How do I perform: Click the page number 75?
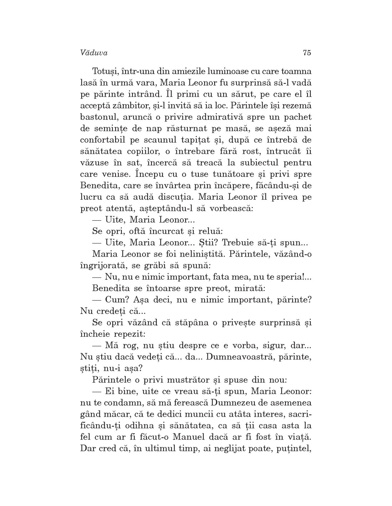307,53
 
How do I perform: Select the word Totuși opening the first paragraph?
105,71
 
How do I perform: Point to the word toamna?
297,71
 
